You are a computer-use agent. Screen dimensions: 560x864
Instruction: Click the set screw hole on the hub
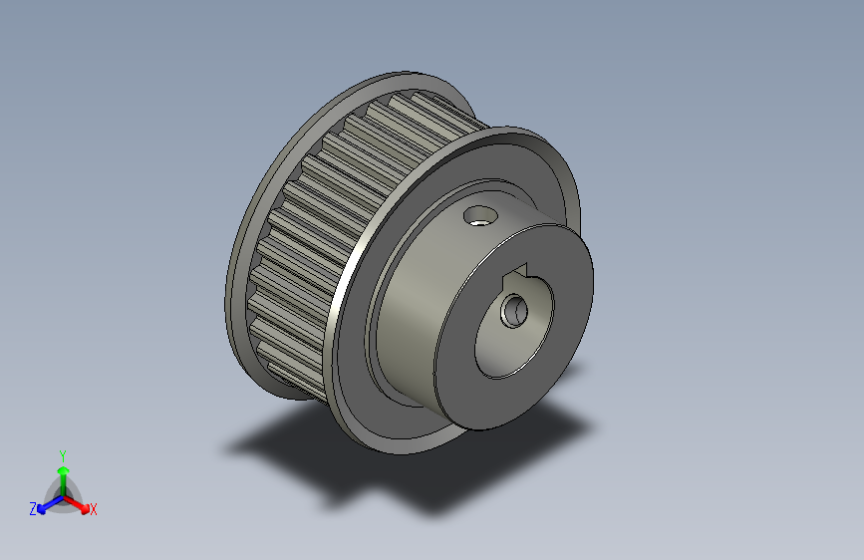click(479, 214)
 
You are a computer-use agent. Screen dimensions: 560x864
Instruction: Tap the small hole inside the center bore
click(513, 310)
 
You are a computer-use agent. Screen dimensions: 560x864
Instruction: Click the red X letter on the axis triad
click(94, 509)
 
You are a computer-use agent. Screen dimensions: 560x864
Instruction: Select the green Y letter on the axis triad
click(62, 453)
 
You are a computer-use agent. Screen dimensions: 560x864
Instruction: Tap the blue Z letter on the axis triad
click(33, 508)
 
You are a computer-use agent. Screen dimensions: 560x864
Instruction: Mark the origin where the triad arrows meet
click(62, 494)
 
